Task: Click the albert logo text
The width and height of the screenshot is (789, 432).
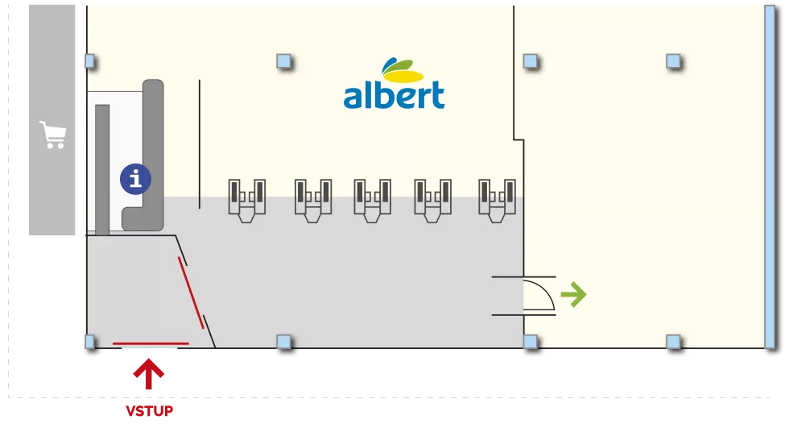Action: coord(394,94)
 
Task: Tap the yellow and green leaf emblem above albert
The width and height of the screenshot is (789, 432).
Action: coord(403,71)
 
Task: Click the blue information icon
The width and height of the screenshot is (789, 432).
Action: coord(135,179)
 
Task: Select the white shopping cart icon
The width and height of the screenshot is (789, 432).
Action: coord(53,135)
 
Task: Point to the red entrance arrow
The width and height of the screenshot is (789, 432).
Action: coord(148,374)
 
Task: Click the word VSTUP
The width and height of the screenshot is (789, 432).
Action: coord(150,411)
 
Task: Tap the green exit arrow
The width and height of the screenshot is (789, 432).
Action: coord(573,294)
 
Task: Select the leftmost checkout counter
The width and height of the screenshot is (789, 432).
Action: coord(246,201)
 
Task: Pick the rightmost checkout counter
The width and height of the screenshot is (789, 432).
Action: coord(497,201)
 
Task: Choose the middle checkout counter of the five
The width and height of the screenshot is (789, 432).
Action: coord(372,201)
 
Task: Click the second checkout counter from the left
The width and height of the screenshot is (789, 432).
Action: coord(313,201)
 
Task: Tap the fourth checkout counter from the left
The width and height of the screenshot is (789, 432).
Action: coord(432,201)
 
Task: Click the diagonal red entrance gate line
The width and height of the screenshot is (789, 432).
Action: coord(192,293)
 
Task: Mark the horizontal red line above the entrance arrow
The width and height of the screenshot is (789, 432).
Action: coord(151,344)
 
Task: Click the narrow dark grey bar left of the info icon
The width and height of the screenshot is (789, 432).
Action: coord(102,170)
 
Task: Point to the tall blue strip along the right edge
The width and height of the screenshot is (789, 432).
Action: coord(770,177)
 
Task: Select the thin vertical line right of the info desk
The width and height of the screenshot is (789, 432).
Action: coord(200,144)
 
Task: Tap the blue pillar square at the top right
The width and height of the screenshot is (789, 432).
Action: coord(673,61)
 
